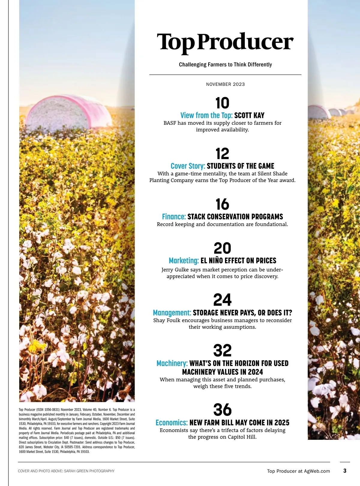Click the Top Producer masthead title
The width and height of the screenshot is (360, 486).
[x=225, y=43]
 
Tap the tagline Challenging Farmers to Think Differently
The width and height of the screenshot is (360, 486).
[x=225, y=64]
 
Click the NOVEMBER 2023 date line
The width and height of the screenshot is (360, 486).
[x=225, y=84]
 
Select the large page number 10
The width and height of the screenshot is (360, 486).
[x=222, y=103]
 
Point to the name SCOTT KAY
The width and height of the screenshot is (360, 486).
[x=249, y=115]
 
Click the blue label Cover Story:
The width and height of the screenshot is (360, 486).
[x=188, y=166]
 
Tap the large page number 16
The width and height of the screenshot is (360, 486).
[x=222, y=205]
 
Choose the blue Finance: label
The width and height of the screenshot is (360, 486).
[x=174, y=217]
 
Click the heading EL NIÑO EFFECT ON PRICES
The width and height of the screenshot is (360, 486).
[x=238, y=261]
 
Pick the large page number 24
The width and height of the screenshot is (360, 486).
[x=222, y=300]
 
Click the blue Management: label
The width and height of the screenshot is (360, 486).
[x=172, y=313]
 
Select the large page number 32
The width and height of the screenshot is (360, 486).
[x=222, y=350]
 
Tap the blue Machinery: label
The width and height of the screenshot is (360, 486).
[x=172, y=364]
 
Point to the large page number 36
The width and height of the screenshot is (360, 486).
[x=222, y=410]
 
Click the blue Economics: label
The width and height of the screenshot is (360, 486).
[x=172, y=423]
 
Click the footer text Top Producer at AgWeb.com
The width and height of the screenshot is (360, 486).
[x=298, y=471]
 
